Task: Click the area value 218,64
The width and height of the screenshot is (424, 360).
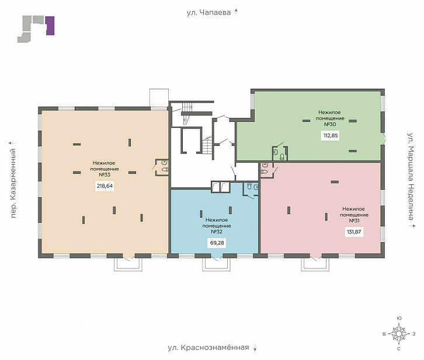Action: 105,186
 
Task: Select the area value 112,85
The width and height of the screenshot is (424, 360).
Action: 331,135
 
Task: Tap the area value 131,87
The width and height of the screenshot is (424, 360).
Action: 354,232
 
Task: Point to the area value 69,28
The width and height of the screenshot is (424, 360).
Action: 217,243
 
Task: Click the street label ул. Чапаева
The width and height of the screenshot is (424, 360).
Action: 208,12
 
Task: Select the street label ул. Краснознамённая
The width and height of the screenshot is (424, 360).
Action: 208,347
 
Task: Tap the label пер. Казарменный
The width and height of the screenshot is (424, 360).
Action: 13,183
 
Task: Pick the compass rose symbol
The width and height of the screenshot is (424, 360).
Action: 398,334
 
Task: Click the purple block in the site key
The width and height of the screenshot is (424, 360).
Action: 50,26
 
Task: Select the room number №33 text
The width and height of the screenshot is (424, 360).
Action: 105,174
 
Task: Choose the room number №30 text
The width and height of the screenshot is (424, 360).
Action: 330,124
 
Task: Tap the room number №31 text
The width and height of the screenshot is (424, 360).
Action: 355,221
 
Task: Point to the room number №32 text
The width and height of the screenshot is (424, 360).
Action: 217,232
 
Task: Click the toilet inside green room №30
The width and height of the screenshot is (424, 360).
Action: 282,156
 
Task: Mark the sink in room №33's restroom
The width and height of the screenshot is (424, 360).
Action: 164,163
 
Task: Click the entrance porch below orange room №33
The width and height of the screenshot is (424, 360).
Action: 128,264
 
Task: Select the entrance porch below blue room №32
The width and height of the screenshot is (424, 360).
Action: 217,264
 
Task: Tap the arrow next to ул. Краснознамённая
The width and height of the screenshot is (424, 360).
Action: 255,348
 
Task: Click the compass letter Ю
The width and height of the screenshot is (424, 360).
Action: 398,318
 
